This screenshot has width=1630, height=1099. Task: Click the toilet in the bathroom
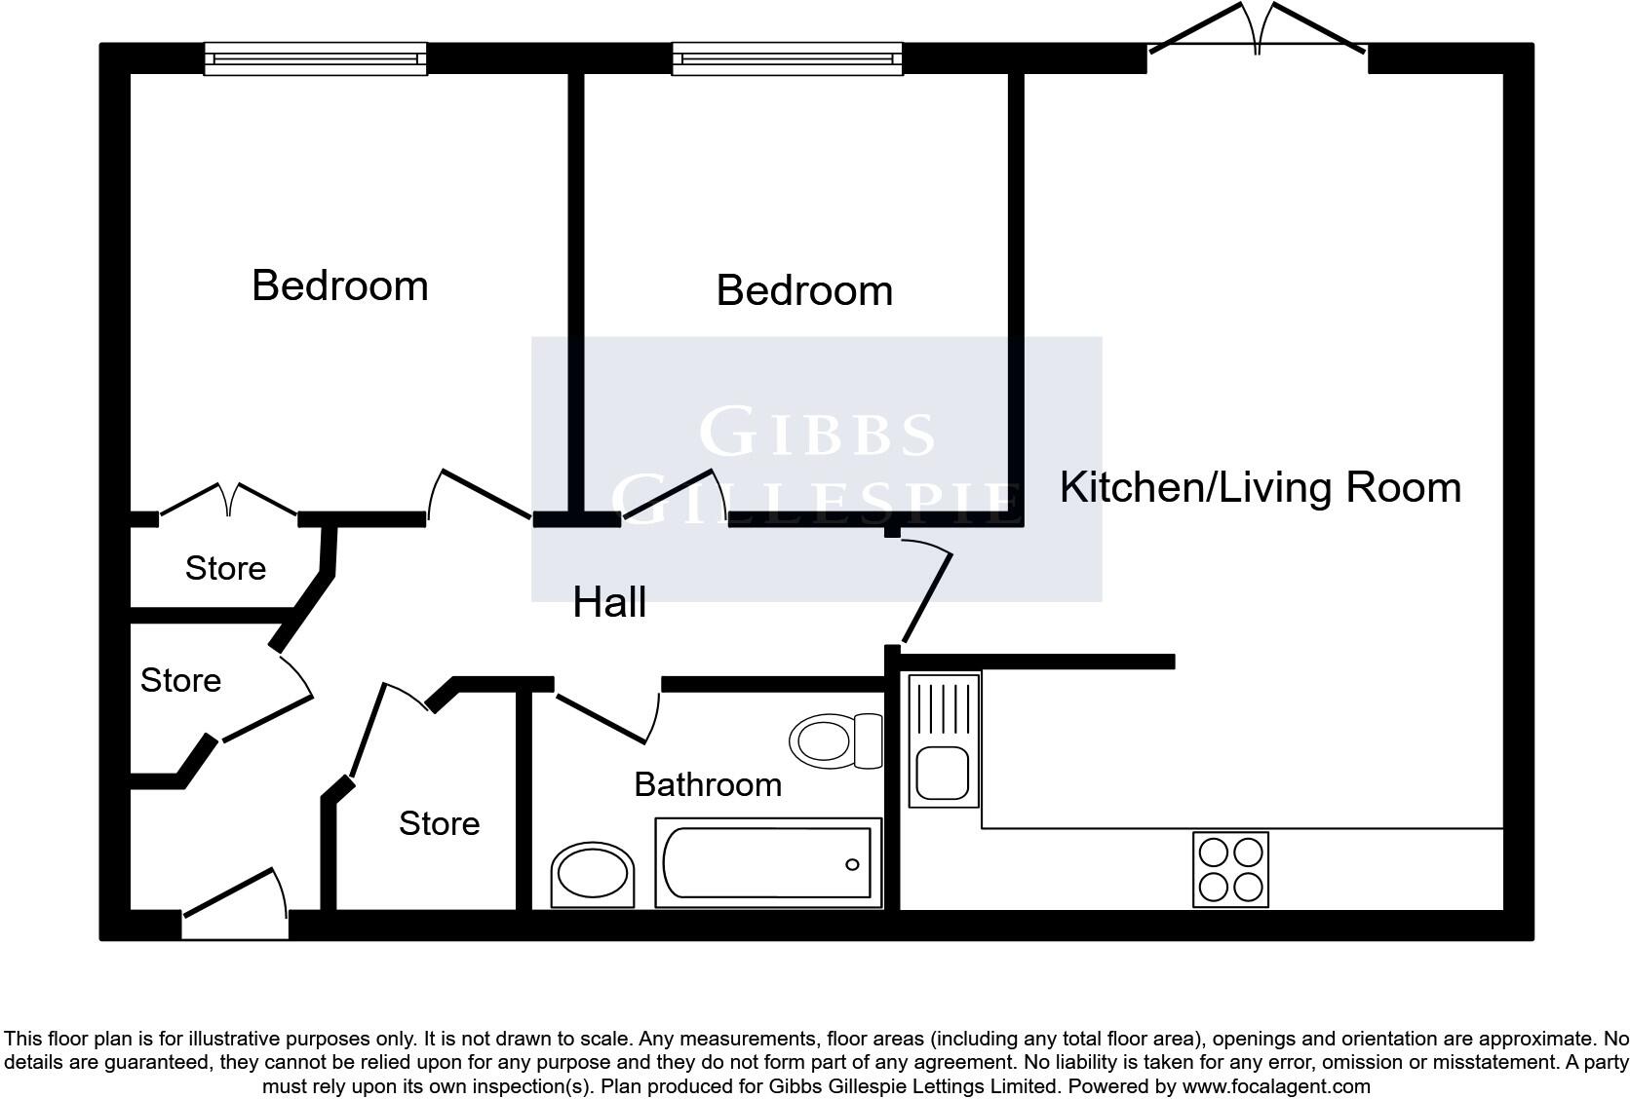[x=834, y=740]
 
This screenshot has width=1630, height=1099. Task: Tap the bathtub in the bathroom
[x=767, y=863]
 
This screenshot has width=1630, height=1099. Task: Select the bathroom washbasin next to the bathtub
[x=593, y=874]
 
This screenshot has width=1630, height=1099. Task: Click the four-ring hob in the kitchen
[x=1230, y=869]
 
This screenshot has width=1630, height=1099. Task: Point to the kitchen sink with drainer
[x=944, y=740]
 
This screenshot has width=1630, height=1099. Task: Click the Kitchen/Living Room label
[x=1260, y=487]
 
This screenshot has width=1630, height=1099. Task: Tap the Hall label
[x=609, y=602]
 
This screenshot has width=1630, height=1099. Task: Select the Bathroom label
[x=708, y=784]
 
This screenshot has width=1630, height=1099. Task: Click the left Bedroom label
[x=339, y=285]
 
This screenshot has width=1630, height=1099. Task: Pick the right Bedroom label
[x=804, y=290]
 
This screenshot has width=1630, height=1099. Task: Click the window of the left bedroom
[x=315, y=59]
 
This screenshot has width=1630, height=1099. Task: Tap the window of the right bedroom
[x=787, y=59]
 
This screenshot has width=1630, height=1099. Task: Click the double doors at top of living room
[x=1257, y=34]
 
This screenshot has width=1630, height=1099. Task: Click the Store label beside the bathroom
[x=439, y=823]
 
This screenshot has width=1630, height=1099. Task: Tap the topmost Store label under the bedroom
[x=225, y=568]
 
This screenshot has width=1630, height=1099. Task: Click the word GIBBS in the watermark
[x=817, y=434]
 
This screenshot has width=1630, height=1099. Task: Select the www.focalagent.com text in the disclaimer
[x=1276, y=1085]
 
